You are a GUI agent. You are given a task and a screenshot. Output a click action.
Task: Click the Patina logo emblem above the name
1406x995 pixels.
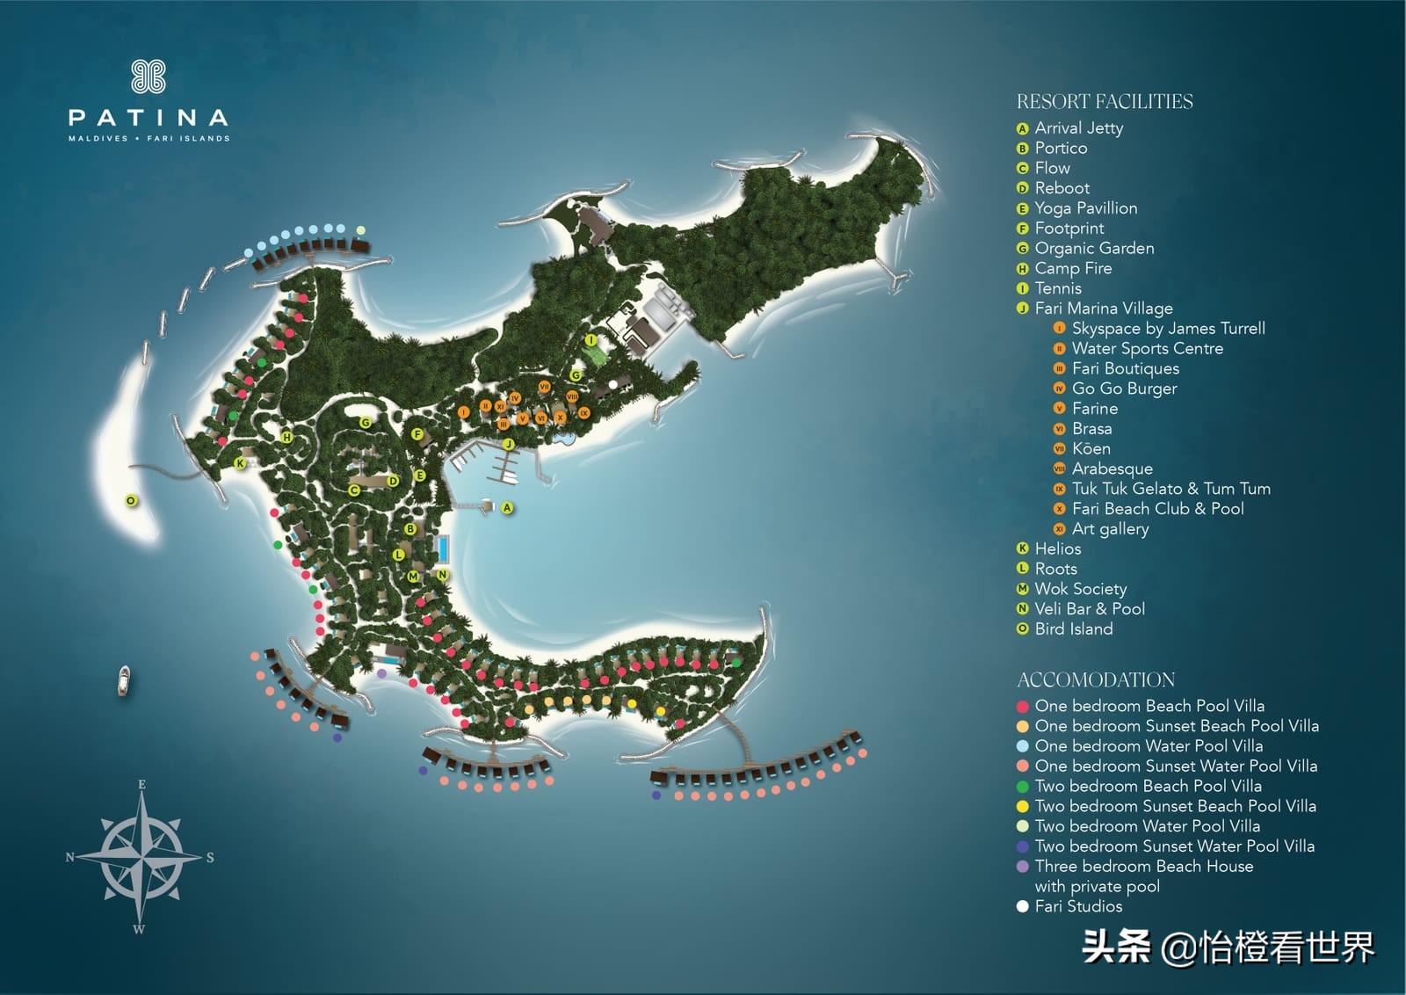149,76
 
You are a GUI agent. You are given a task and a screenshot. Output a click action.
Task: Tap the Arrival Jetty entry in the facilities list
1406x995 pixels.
1078,128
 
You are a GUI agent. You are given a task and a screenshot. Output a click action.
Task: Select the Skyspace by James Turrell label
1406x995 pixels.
1168,329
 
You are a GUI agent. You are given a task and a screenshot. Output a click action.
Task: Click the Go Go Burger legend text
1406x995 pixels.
1124,389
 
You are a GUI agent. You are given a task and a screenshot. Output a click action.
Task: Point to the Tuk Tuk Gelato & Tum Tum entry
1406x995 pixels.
1170,489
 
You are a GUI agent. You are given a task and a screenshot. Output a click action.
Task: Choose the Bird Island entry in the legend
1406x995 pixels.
1073,629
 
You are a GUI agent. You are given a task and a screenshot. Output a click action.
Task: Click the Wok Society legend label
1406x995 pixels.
1080,589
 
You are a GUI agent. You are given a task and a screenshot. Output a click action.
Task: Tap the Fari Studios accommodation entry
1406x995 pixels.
1078,906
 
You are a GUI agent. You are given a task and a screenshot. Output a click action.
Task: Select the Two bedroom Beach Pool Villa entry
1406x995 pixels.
1148,786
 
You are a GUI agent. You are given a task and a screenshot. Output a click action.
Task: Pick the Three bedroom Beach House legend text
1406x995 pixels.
1143,867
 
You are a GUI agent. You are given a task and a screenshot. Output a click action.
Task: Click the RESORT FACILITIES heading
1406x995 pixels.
1105,102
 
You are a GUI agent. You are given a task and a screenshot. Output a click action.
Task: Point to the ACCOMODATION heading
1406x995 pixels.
1096,680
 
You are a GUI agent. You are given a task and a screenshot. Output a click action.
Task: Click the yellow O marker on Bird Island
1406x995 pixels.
131,501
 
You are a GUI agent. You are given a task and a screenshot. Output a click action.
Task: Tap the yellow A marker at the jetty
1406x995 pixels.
507,508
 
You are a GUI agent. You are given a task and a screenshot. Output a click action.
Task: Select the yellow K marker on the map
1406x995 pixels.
239,463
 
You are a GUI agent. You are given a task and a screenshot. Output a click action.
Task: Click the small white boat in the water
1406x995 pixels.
126,680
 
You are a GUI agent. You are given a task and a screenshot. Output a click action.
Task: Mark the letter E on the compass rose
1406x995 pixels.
142,785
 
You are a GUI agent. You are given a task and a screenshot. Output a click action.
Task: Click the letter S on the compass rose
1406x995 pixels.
210,858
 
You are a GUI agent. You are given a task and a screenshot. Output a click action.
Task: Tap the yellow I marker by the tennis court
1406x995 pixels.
591,340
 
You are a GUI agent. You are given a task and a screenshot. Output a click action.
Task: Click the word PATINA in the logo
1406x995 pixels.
149,118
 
